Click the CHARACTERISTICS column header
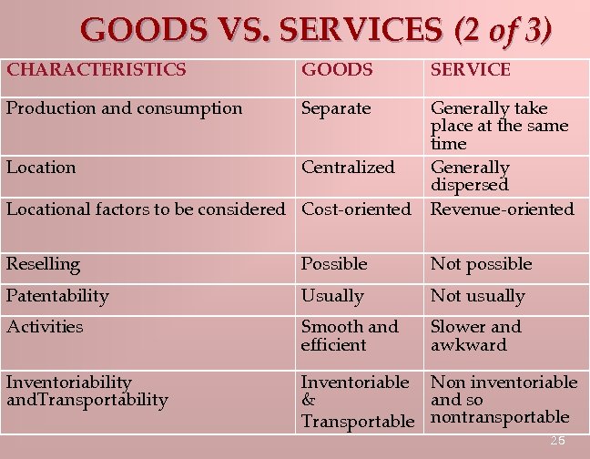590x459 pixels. coord(97,69)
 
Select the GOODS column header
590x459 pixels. coord(337,69)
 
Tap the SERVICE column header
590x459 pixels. coord(470,69)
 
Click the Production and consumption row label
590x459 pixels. coord(125,108)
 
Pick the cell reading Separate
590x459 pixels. coord(336,108)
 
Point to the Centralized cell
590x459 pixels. coord(348,168)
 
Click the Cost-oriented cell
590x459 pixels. coord(356,209)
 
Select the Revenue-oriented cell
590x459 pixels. coord(502,209)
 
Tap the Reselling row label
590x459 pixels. coord(43,264)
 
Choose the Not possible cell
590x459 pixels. coord(481,264)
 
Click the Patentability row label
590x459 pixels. coord(57,296)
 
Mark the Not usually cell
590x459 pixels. coord(477,296)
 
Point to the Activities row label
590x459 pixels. coord(45,327)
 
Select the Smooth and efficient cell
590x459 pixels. coord(350,335)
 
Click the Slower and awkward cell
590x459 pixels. coord(475,335)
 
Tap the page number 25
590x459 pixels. coord(557,441)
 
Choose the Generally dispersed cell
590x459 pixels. coord(470,176)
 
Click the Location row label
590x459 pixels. coord(41,168)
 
